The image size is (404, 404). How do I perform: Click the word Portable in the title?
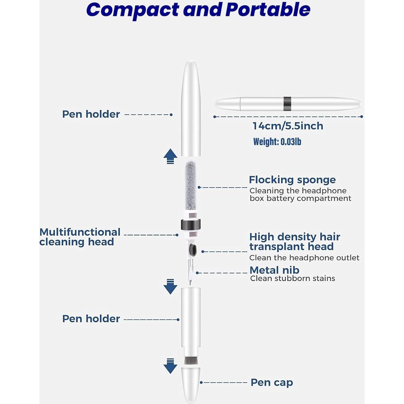[268, 10]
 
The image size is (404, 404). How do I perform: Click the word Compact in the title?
[132, 10]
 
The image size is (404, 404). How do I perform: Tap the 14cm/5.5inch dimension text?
[288, 126]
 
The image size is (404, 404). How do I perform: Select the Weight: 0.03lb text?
[277, 141]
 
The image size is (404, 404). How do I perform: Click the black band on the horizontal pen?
[287, 104]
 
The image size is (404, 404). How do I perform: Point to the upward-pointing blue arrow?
[170, 156]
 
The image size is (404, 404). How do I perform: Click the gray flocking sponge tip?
[191, 185]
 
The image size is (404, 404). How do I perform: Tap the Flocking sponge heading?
[292, 180]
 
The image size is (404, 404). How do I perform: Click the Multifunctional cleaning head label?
[80, 237]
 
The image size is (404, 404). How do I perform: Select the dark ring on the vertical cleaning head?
[191, 225]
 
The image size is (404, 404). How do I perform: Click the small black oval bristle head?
[192, 250]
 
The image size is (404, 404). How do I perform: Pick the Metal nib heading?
[274, 270]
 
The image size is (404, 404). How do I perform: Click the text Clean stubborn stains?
[292, 278]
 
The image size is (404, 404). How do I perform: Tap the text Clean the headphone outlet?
[304, 258]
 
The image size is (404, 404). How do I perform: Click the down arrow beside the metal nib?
[170, 287]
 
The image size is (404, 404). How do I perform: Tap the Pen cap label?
[272, 382]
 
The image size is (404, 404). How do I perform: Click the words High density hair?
[294, 237]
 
